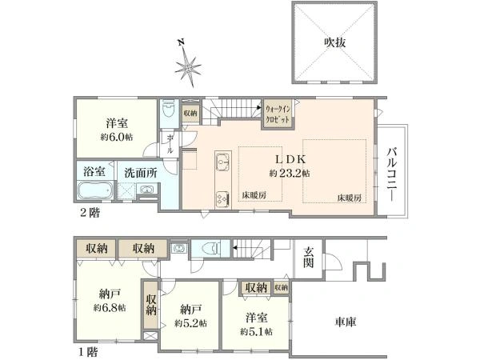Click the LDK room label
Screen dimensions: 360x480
(290, 158)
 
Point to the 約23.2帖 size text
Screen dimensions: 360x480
(290, 172)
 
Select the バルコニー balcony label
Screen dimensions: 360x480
(393, 170)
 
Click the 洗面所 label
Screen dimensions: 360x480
(139, 171)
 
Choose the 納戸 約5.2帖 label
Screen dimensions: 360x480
(190, 315)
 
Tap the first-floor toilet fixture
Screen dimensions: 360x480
(210, 248)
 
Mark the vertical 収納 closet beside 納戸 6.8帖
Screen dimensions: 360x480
(151, 305)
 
